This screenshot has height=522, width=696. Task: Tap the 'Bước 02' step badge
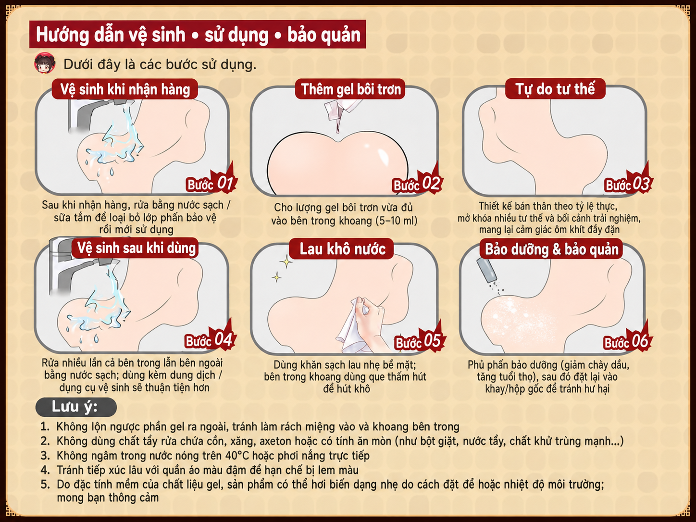pos(417,183)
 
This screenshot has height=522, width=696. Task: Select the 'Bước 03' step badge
pos(628,183)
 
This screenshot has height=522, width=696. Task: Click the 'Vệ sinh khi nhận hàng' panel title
pos(125,89)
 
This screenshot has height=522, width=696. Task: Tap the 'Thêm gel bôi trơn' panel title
pos(350,89)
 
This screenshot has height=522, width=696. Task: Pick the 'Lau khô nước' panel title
pos(342,249)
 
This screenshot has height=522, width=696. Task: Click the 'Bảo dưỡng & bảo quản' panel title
pos(552,249)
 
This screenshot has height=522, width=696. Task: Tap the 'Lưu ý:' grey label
pos(76,407)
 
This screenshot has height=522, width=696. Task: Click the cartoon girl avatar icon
pos(45,63)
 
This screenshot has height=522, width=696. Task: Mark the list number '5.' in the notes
pos(45,485)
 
